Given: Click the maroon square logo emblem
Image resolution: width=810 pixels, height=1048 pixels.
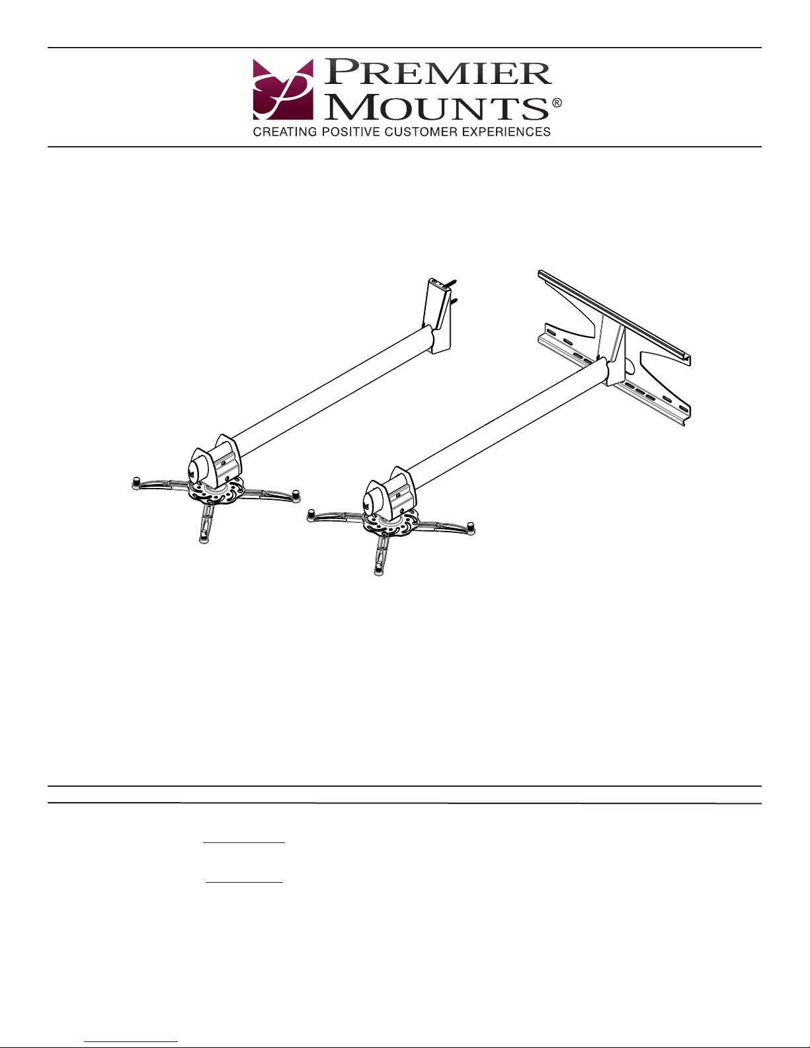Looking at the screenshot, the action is (x=283, y=89).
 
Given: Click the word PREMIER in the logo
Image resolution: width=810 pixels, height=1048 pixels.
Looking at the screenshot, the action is (x=438, y=73).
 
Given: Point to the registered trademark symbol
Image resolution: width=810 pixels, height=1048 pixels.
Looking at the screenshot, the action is (x=557, y=102).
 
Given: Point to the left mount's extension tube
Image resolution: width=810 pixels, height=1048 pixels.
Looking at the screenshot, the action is (x=333, y=391).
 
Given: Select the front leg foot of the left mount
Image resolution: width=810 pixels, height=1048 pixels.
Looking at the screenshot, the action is (x=204, y=537).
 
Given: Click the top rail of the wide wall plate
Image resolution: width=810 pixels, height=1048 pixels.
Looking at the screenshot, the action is (x=614, y=316).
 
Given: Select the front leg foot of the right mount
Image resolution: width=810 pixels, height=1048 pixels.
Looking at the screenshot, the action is (x=379, y=569).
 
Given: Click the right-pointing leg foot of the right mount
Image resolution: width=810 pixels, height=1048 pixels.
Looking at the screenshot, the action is (x=471, y=528).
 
